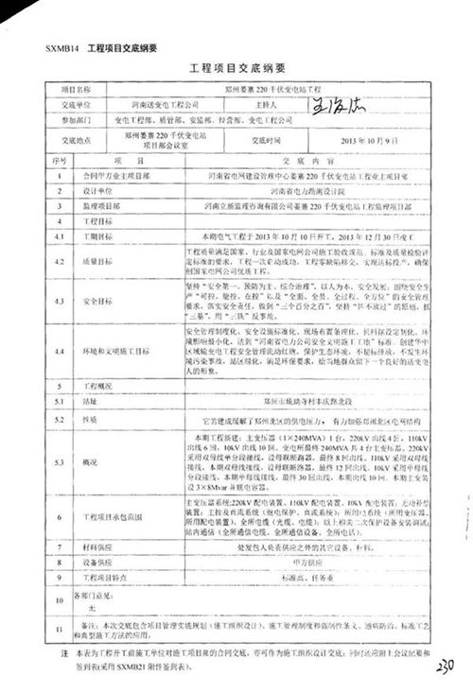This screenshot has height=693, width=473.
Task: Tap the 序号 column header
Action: pos(58,161)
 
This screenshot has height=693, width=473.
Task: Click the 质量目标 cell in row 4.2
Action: pos(96,260)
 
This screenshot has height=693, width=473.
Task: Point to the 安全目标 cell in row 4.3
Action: pos(96,302)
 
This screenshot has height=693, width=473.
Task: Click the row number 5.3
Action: pos(58,461)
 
